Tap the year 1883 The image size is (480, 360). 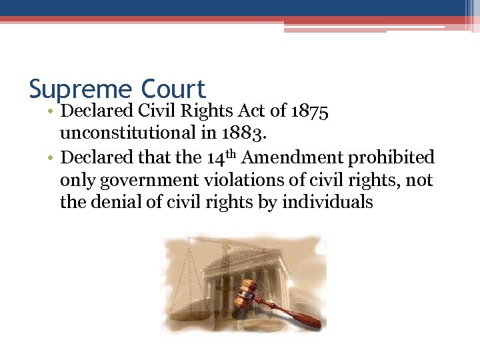coord(248,134)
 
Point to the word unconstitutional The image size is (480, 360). coord(127,134)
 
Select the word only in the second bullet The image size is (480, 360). coord(76,180)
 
